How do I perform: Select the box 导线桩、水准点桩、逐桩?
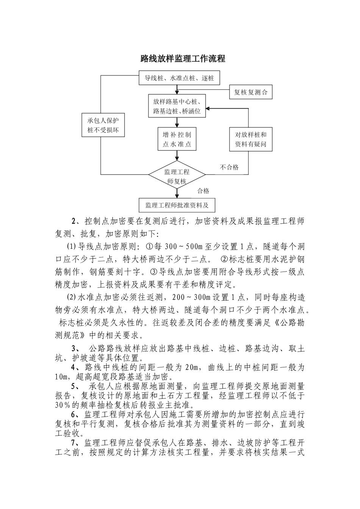(179, 78)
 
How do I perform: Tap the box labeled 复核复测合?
(251, 92)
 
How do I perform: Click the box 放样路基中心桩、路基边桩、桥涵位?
(177, 106)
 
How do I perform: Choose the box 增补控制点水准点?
(177, 139)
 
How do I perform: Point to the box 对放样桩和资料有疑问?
(251, 139)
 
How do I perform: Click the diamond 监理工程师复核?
(177, 176)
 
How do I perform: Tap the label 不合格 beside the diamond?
(229, 167)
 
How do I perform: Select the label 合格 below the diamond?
(203, 191)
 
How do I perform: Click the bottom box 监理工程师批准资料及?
(177, 206)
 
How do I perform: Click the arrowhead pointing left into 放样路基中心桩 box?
(208, 108)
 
